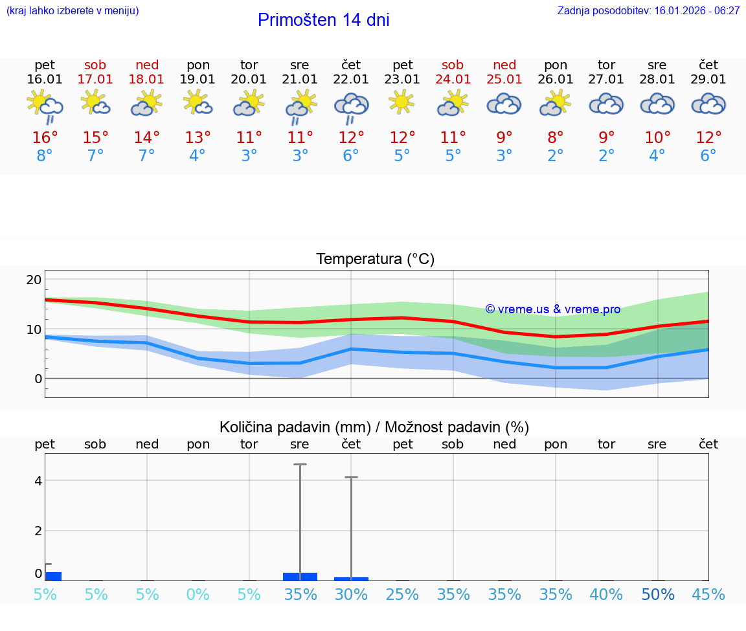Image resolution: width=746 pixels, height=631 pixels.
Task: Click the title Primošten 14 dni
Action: pos(323,20)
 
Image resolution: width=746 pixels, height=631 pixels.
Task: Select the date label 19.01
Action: pos(198,79)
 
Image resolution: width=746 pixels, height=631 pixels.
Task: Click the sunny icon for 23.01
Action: pos(401,102)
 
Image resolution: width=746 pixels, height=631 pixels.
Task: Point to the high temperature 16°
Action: pos(45,138)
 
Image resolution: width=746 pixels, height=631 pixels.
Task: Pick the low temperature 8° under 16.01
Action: pos(45,156)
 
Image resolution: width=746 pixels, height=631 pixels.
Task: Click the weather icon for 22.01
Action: pos(351,107)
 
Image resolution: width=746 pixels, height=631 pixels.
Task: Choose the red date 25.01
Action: pos(504,79)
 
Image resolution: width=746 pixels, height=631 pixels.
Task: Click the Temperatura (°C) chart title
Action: pos(375,260)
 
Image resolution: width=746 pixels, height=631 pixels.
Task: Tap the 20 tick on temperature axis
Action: pos(34,280)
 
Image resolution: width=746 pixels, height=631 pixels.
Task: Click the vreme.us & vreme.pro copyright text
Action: pos(553,309)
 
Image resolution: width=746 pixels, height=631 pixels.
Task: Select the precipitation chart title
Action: pos(374,427)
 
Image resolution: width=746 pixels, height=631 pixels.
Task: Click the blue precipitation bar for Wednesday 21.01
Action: pos(300,576)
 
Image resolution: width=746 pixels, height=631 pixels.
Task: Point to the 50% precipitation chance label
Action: pos(658,595)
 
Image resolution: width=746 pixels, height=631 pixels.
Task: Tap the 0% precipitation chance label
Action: pos(198,595)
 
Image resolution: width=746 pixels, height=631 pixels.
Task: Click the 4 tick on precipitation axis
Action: pos(38,481)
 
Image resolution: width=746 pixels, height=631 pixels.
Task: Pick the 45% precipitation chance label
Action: pos(708,595)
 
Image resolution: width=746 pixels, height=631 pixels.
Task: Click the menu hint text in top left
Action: pos(73,10)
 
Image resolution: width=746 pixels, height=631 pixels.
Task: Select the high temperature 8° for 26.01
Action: pos(556,138)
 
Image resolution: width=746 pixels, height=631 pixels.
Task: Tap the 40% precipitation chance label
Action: pos(607,595)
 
